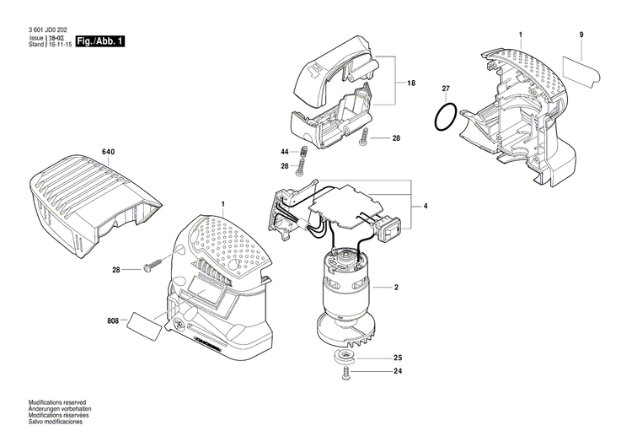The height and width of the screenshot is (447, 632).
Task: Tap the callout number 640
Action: point(107,152)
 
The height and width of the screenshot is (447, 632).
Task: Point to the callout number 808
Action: point(113,320)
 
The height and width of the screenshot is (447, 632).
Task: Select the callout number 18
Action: point(411,83)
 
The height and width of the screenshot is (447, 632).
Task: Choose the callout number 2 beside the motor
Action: point(395,288)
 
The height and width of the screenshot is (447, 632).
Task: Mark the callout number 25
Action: point(398,358)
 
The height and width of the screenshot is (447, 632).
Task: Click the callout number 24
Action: point(398,372)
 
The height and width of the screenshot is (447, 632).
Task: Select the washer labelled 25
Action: point(346,357)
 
